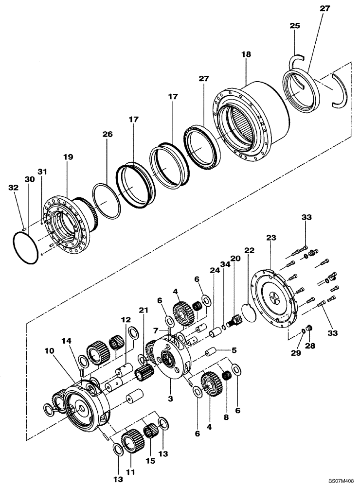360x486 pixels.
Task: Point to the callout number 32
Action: click(13, 187)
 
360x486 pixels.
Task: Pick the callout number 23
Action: click(271, 238)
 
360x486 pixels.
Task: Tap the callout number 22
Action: click(249, 250)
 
